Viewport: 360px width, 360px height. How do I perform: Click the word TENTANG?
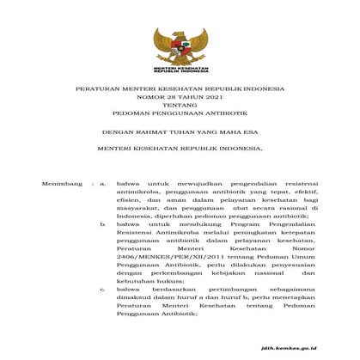click(x=180, y=112)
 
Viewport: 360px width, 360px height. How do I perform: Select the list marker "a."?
click(x=102, y=184)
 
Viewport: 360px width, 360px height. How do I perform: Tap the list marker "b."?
click(x=102, y=223)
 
